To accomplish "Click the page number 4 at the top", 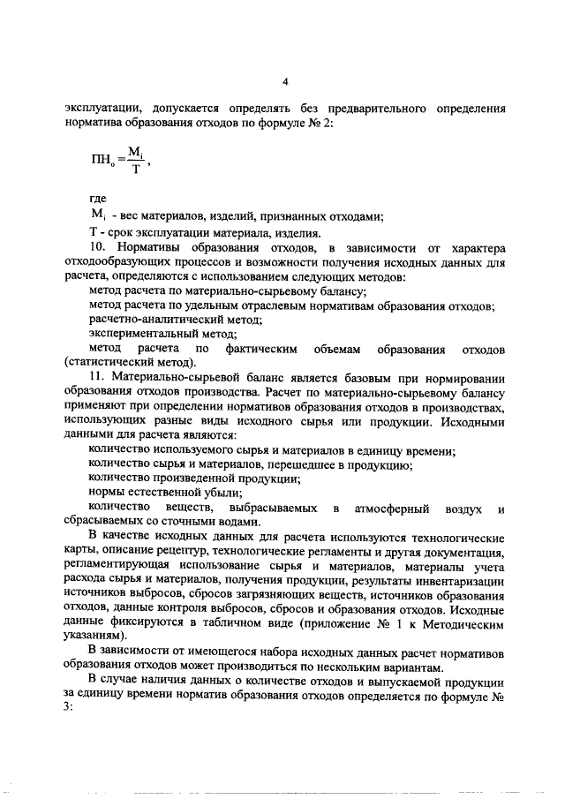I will tap(285, 81).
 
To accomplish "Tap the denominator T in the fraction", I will tap(135, 170).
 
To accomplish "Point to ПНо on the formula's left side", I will tap(102, 162).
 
